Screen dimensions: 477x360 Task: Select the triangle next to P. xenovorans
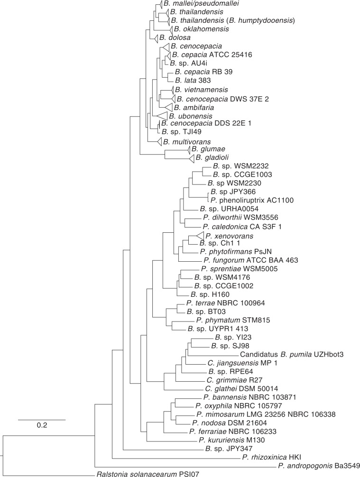click(x=197, y=235)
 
